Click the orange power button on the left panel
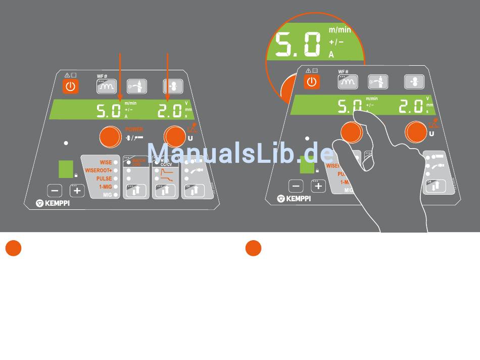pyautogui.click(x=70, y=86)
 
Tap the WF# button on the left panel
pyautogui.click(x=106, y=86)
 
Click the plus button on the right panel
pyautogui.click(x=318, y=186)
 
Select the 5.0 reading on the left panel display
pyautogui.click(x=109, y=110)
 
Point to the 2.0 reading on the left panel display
pyautogui.click(x=169, y=110)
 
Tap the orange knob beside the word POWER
pyautogui.click(x=110, y=136)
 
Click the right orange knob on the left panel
pyautogui.click(x=174, y=136)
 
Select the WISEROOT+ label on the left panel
pyautogui.click(x=99, y=170)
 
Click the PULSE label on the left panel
pyautogui.click(x=104, y=178)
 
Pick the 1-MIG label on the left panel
pyautogui.click(x=105, y=187)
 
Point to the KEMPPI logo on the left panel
pyautogui.click(x=53, y=203)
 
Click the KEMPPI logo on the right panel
pyautogui.click(x=294, y=199)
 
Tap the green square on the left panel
pyautogui.click(x=66, y=169)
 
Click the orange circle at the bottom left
pyautogui.click(x=13, y=248)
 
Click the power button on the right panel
pyautogui.click(x=312, y=81)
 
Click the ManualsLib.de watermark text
pyautogui.click(x=240, y=153)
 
